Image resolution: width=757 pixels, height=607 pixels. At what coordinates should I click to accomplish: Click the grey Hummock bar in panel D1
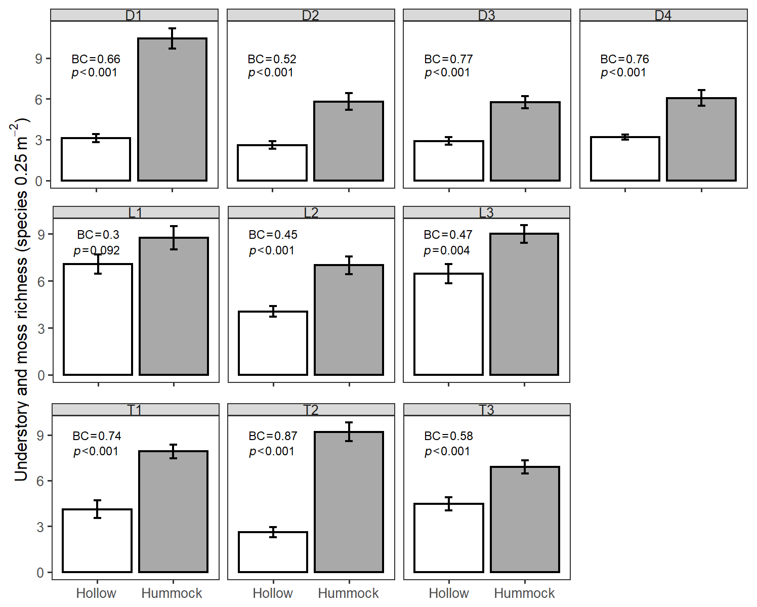172,109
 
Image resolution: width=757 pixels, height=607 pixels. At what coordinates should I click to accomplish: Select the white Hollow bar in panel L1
98,319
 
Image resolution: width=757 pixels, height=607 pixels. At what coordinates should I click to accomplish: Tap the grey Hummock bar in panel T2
349,502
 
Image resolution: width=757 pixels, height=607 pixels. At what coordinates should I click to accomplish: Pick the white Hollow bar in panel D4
625,159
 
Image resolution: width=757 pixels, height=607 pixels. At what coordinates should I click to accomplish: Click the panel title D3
486,16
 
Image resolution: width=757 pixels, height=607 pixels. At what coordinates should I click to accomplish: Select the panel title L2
311,213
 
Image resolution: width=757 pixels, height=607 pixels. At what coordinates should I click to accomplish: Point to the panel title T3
486,410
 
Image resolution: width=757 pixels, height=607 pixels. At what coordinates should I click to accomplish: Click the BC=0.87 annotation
273,436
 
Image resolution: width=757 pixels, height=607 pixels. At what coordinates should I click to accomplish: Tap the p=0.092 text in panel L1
96,250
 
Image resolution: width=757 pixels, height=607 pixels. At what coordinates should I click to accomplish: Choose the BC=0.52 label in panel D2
272,59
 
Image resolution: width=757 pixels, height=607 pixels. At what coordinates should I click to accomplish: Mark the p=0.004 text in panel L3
447,250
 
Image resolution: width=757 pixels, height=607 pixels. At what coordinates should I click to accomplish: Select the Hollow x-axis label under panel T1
96,593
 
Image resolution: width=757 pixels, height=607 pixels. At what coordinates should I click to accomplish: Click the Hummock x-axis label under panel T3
524,593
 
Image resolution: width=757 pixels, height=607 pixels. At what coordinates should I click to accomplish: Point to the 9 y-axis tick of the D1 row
38,59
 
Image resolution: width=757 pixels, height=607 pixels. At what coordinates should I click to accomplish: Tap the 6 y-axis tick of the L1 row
41,281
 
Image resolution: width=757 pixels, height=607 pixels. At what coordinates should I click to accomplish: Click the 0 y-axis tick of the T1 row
40,573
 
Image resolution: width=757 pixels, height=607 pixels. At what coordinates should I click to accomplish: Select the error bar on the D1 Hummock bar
172,38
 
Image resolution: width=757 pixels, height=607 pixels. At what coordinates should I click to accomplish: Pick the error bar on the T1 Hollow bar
98,509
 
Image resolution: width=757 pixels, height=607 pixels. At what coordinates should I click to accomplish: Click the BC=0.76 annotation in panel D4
624,59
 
